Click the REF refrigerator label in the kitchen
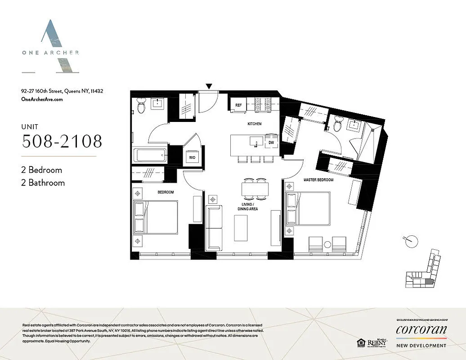pyautogui.click(x=238, y=105)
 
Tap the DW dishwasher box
pyautogui.click(x=271, y=142)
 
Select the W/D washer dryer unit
pyautogui.click(x=192, y=157)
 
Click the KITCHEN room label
pyautogui.click(x=254, y=124)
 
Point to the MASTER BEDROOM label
pyautogui.click(x=318, y=180)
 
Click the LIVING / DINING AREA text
pyautogui.click(x=247, y=206)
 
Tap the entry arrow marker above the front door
pyautogui.click(x=208, y=86)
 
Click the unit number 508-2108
pyautogui.click(x=62, y=141)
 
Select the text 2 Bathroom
pyautogui.click(x=43, y=183)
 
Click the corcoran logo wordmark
pyautogui.click(x=421, y=330)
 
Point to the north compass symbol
pyautogui.click(x=409, y=242)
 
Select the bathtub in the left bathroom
pyautogui.click(x=151, y=156)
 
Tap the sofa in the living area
pyautogui.click(x=214, y=228)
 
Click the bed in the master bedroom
pyautogui.click(x=308, y=208)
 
